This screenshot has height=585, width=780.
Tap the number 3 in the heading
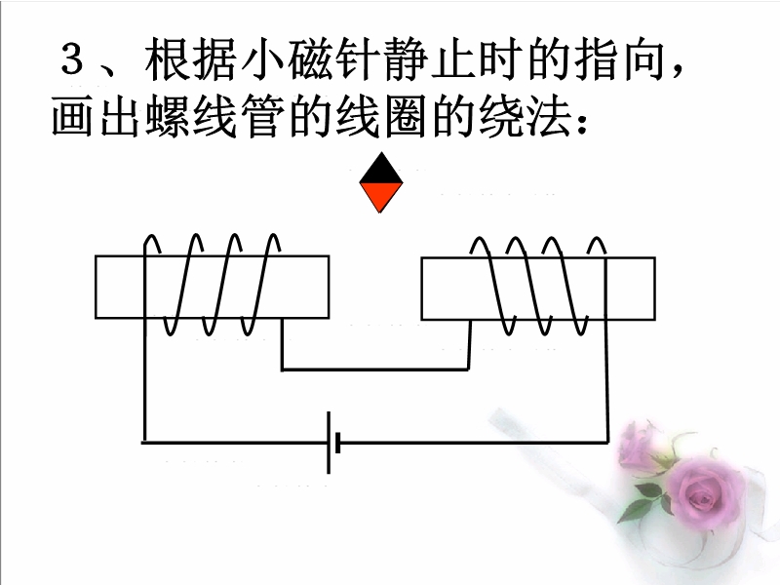(x=74, y=64)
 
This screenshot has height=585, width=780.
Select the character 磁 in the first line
(x=312, y=64)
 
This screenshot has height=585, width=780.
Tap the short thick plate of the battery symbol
(x=337, y=443)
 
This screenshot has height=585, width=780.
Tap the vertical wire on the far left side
(x=144, y=390)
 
